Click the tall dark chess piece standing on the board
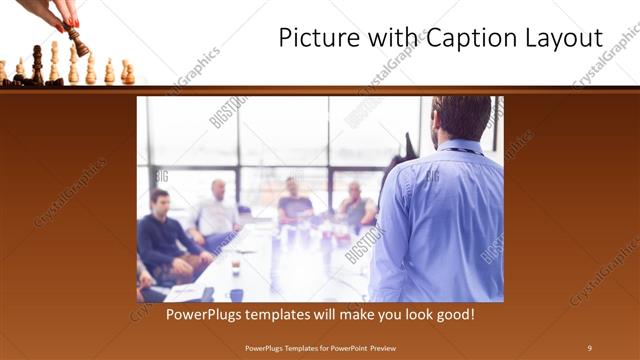pyautogui.click(x=37, y=64)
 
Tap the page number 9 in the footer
pyautogui.click(x=589, y=347)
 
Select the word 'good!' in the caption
pyautogui.click(x=452, y=314)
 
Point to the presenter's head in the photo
pyautogui.click(x=461, y=118)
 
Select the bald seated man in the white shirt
pyautogui.click(x=216, y=210)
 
